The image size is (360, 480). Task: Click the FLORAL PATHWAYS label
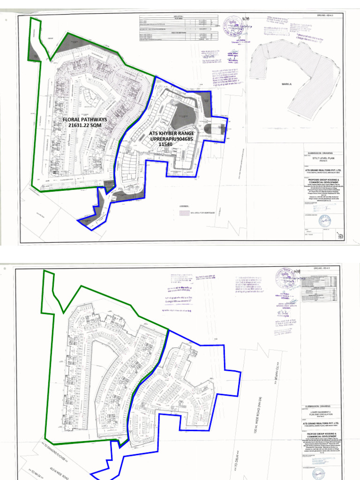85,120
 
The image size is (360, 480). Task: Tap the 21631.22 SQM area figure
85,126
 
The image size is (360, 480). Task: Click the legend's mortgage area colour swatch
183,213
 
